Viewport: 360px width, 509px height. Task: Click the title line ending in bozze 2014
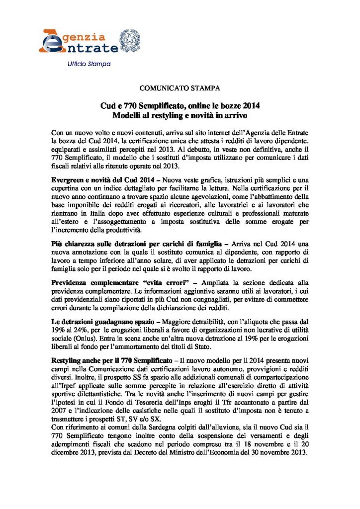pos(180,106)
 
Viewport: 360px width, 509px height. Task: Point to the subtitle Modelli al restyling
pos(180,115)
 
